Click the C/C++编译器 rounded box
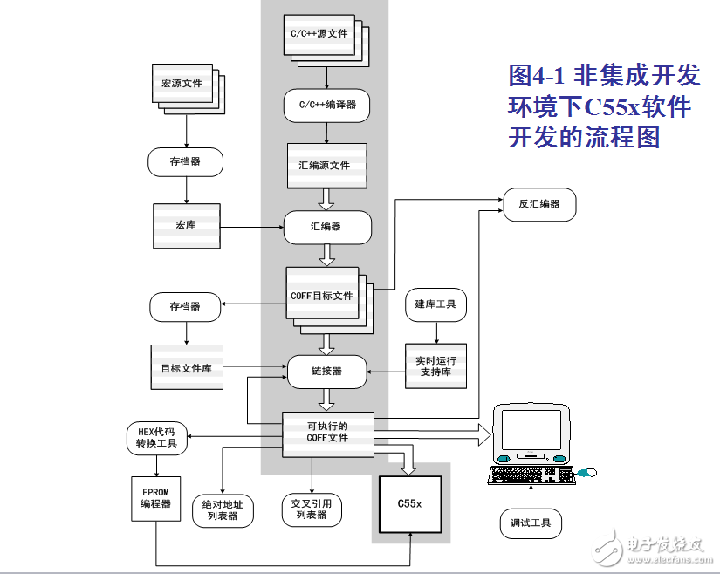click(326, 106)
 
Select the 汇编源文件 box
click(327, 166)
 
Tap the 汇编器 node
click(327, 227)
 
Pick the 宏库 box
click(187, 226)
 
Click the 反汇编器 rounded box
click(539, 205)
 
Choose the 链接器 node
click(327, 372)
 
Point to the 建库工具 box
click(435, 304)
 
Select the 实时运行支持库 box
click(435, 366)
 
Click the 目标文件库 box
click(187, 367)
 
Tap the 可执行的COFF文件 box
click(328, 434)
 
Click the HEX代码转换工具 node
click(156, 439)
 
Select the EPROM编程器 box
click(156, 499)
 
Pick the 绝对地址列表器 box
click(223, 510)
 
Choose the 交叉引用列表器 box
click(312, 509)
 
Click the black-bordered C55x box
click(410, 504)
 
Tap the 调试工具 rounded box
click(531, 523)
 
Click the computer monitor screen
click(531, 430)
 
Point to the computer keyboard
click(531, 475)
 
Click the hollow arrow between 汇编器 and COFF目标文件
click(327, 255)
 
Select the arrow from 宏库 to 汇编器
click(252, 227)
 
